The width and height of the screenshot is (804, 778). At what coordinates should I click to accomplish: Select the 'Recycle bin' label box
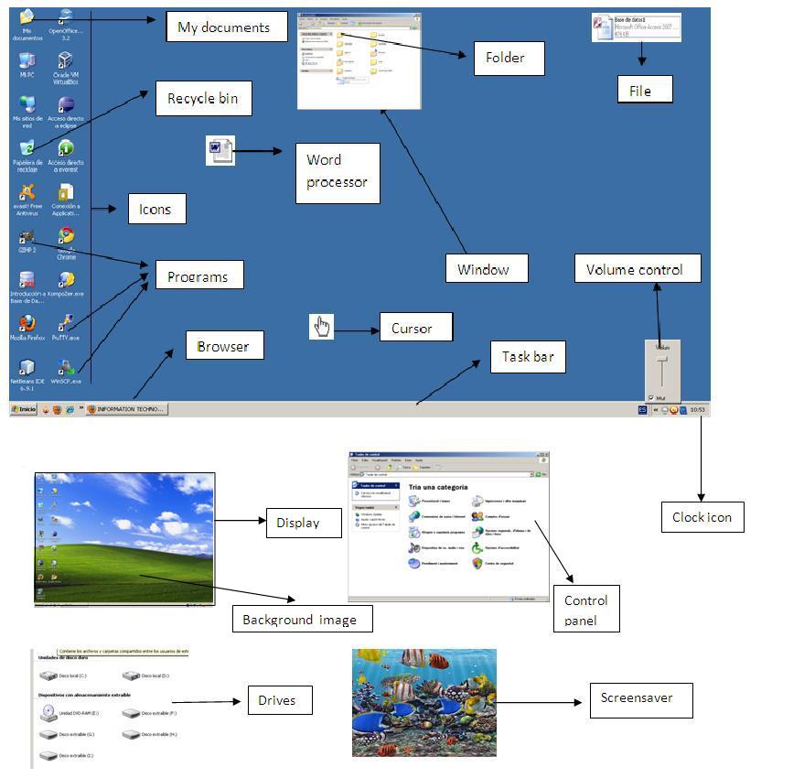tap(203, 98)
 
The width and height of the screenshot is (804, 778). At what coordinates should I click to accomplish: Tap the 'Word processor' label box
tap(337, 171)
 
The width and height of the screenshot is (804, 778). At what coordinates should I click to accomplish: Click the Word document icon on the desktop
tap(220, 150)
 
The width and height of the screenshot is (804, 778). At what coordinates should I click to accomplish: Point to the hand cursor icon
tap(321, 327)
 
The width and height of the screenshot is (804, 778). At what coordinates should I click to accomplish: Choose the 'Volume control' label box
tap(638, 269)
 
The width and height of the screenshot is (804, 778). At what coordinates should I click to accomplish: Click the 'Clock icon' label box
tap(702, 517)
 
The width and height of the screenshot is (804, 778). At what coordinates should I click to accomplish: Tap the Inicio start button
tap(25, 409)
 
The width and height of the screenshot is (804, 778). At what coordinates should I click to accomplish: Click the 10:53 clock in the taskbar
tap(698, 410)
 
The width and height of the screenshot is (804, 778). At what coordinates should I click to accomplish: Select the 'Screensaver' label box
tap(637, 697)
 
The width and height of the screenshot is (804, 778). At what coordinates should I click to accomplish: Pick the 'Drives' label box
tap(276, 700)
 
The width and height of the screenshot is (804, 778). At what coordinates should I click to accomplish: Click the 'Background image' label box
tap(299, 620)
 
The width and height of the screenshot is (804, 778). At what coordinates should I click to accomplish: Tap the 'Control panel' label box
tap(586, 609)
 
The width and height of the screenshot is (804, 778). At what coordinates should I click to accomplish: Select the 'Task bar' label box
tap(528, 357)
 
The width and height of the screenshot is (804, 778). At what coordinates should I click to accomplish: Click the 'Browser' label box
tap(223, 346)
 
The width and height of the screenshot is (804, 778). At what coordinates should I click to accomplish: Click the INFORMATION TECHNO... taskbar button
tap(126, 409)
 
